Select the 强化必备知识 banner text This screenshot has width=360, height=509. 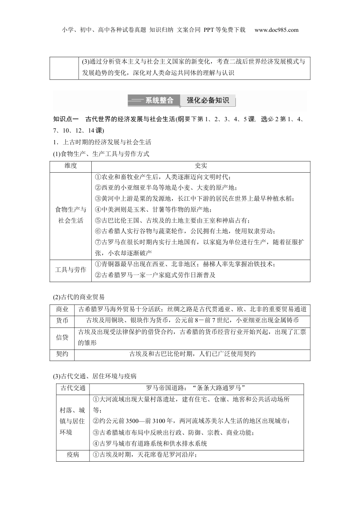tap(208, 100)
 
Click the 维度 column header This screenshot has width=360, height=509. tap(70, 166)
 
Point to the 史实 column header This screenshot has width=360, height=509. tap(201, 166)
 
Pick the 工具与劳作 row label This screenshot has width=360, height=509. tap(70, 270)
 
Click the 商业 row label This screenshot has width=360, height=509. tap(62, 309)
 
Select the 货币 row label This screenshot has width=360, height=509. tap(62, 320)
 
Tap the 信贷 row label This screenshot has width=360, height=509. tap(62, 337)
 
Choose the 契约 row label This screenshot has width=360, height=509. tap(62, 354)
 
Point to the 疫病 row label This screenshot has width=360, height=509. tap(73, 454)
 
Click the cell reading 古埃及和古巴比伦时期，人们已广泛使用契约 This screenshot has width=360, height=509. tap(192, 354)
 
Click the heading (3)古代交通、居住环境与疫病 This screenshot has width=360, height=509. tap(94, 376)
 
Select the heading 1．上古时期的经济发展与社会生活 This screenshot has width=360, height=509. tap(102, 142)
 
